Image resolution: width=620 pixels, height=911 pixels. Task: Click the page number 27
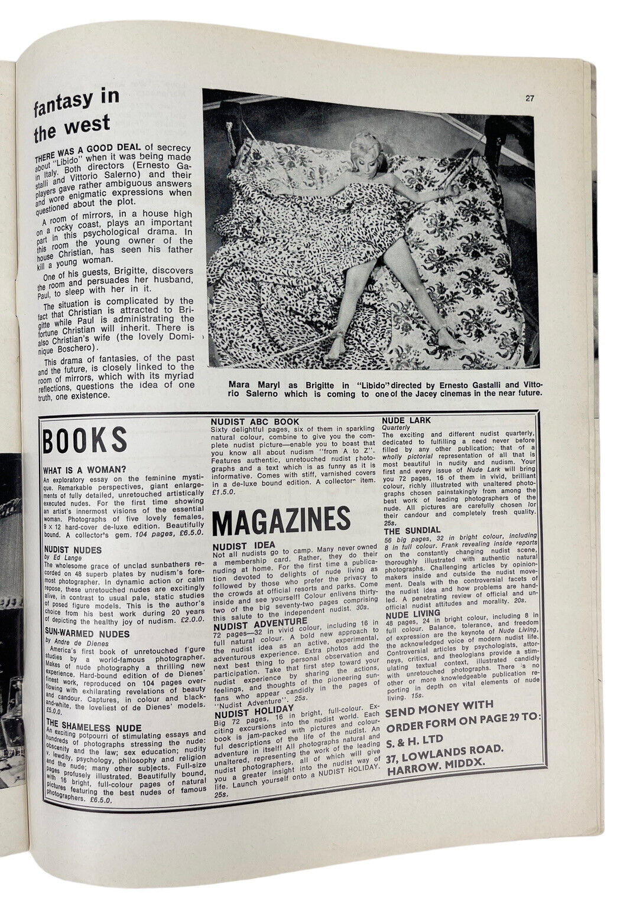tap(530, 99)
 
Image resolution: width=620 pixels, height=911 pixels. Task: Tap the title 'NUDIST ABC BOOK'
tap(252, 421)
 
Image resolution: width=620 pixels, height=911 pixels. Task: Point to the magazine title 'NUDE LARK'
tap(407, 420)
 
